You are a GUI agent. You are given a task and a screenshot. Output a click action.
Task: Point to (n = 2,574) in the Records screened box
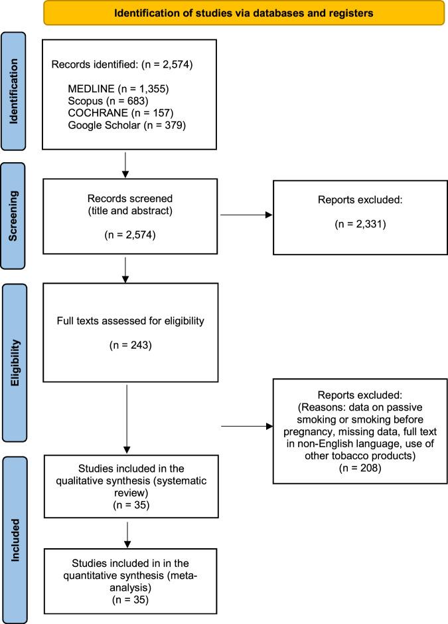click(129, 217)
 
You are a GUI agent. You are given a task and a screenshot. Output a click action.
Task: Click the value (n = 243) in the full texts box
click(129, 345)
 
